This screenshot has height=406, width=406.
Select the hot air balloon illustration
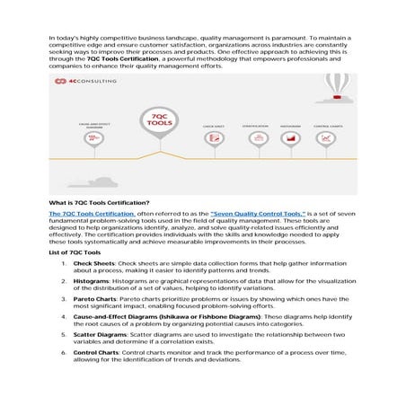pos(339,85)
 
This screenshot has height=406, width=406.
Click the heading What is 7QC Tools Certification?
pos(100,202)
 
